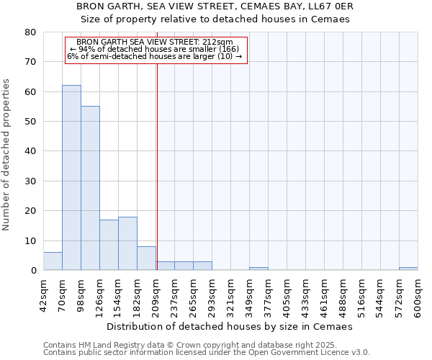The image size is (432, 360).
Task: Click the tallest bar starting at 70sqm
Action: click(71, 178)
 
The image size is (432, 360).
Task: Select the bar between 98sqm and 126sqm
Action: click(90, 188)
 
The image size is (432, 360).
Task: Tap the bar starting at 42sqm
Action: click(53, 261)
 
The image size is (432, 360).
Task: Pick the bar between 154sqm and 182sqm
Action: click(127, 243)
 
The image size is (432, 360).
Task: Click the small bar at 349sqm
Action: click(258, 269)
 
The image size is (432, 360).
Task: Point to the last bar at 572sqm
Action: click(408, 269)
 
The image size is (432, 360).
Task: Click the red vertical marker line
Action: click(157, 166)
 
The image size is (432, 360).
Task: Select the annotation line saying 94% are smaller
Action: click(156, 49)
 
